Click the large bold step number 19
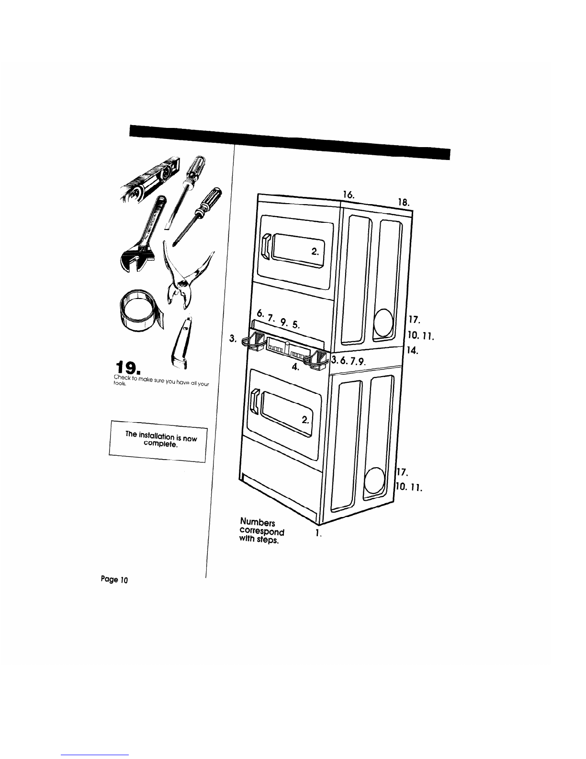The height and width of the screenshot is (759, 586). click(x=128, y=368)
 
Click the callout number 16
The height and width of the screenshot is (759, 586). click(x=348, y=194)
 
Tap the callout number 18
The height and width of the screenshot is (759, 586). click(x=404, y=202)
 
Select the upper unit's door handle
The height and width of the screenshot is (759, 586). click(x=266, y=245)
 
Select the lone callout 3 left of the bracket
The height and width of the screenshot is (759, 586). click(x=233, y=339)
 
